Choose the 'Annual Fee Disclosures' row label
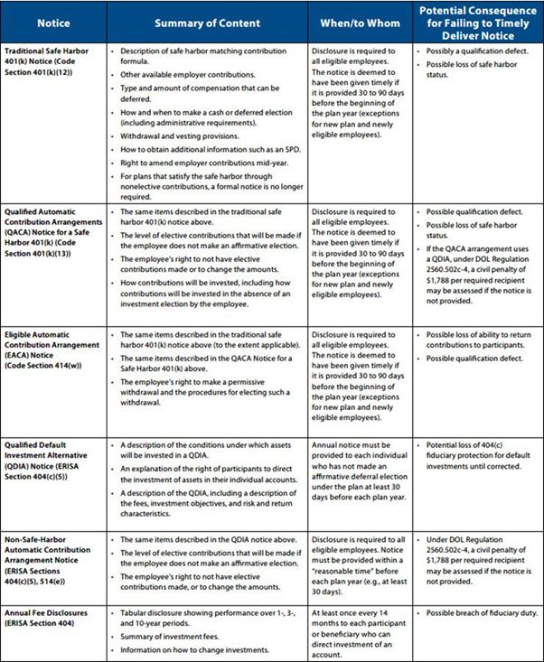point(48,617)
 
